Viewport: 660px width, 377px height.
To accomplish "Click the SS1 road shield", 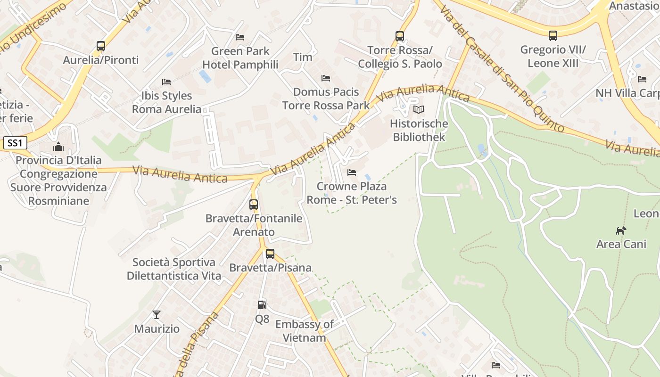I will click(15, 143).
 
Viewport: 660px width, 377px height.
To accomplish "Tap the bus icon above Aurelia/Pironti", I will click(101, 46).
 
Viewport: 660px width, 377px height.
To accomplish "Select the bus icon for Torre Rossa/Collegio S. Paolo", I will click(400, 36).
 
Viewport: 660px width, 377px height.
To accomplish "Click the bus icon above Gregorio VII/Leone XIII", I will click(553, 36).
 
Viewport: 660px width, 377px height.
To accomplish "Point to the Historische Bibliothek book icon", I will click(419, 110).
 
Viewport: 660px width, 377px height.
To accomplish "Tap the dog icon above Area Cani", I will click(621, 230).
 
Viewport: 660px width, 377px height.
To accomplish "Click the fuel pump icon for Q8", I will click(262, 305).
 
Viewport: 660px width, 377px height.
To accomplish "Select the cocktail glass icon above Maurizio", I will click(157, 314).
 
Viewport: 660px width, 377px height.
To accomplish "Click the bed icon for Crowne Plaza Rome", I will click(352, 172).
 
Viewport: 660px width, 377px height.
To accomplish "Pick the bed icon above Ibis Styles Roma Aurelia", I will click(166, 82).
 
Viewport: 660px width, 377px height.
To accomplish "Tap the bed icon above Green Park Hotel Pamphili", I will click(240, 37).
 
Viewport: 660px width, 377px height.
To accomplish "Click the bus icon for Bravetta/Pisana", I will click(270, 254).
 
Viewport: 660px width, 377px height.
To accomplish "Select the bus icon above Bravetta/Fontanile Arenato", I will click(254, 205).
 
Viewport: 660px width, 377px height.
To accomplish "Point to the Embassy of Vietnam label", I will click(305, 331).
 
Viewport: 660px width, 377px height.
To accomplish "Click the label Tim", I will click(303, 57).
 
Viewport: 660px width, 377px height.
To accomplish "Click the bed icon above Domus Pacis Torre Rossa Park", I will click(326, 78).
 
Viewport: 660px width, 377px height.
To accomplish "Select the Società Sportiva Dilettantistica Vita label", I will click(174, 269).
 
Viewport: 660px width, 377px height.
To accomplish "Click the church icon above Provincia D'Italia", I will click(58, 147).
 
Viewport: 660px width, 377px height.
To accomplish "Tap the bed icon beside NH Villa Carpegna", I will click(642, 79).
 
